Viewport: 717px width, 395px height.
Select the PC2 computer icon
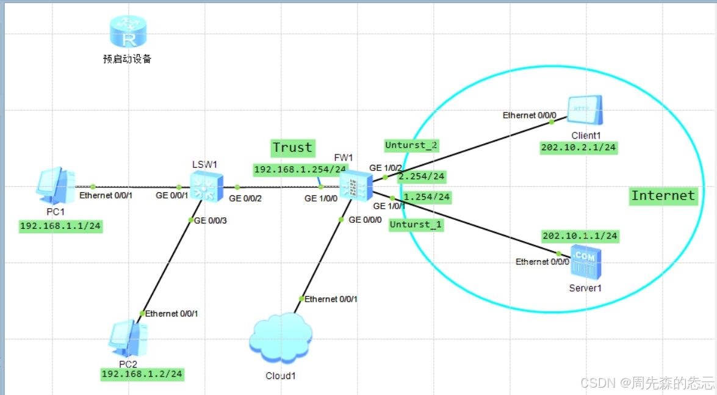pos(128,337)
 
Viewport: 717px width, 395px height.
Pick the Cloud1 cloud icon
pos(281,342)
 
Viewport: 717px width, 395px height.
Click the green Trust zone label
pos(292,147)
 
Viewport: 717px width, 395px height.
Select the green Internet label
pos(663,195)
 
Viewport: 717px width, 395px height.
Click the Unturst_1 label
pos(416,225)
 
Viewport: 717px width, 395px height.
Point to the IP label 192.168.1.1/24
pos(60,226)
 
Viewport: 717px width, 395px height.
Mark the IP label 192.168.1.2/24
pos(142,374)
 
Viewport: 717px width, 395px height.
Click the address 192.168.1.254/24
pos(300,169)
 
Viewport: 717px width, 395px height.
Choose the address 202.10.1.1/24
pos(580,236)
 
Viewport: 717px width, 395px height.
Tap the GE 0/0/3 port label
pos(210,220)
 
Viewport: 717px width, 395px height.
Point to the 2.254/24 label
pos(421,177)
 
